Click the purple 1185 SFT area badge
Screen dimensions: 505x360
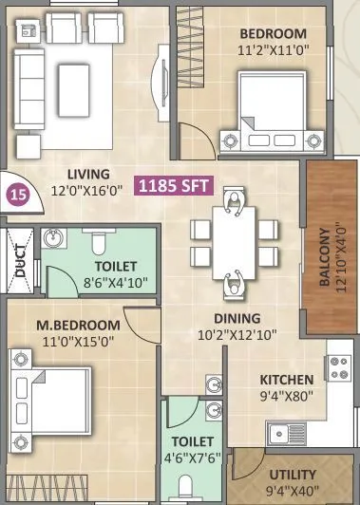click(x=175, y=186)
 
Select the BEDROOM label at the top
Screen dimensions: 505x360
click(x=275, y=34)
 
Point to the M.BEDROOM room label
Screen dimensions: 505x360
click(x=78, y=326)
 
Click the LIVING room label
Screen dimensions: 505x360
click(x=88, y=175)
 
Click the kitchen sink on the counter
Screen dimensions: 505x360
click(x=285, y=435)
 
